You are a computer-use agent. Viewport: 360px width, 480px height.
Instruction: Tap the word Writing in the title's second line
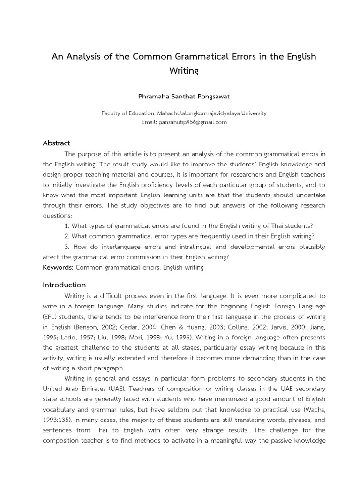(184, 71)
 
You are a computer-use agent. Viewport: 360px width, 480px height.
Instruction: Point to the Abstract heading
(56, 143)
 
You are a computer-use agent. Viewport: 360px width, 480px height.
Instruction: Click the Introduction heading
(64, 285)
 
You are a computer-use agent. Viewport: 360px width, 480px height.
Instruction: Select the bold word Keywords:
(58, 267)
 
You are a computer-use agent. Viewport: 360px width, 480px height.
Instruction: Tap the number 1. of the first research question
(67, 226)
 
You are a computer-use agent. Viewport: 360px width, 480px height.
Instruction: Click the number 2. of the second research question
(67, 236)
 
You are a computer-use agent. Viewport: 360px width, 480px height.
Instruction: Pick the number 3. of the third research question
(68, 247)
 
